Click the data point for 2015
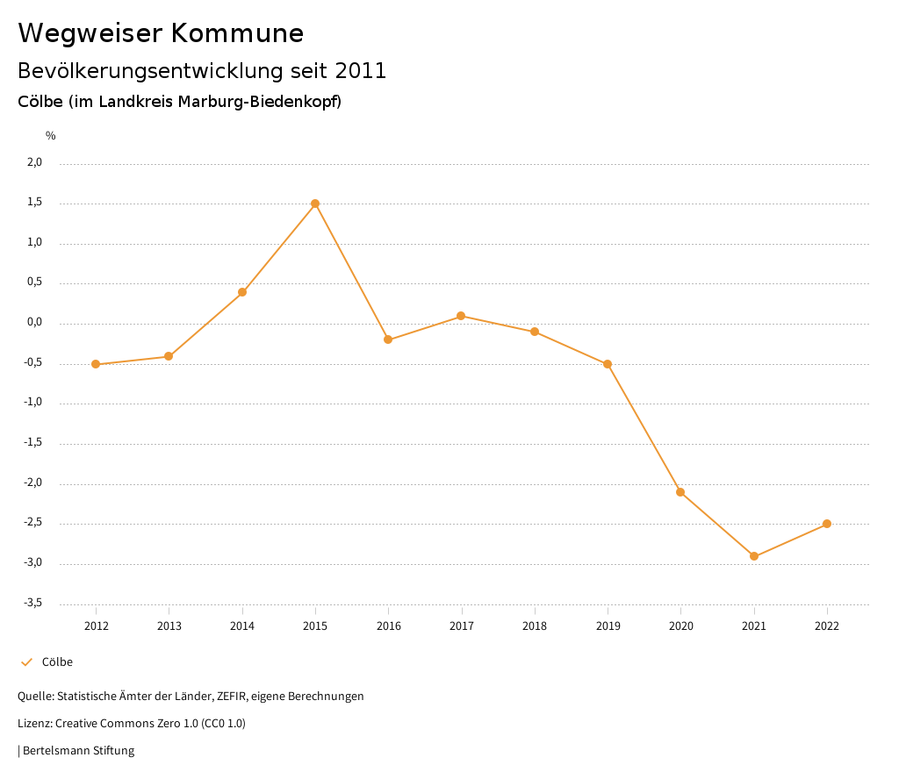315,204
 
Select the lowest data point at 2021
754,556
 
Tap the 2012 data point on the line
96,364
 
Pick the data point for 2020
680,492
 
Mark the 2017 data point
461,316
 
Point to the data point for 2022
827,524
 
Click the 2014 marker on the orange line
242,292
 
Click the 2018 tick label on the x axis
535,626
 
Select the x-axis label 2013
169,626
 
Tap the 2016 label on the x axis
388,626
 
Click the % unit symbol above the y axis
51,136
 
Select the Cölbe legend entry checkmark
26,662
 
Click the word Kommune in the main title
237,33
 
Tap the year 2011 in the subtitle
361,71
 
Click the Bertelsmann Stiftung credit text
78,751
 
